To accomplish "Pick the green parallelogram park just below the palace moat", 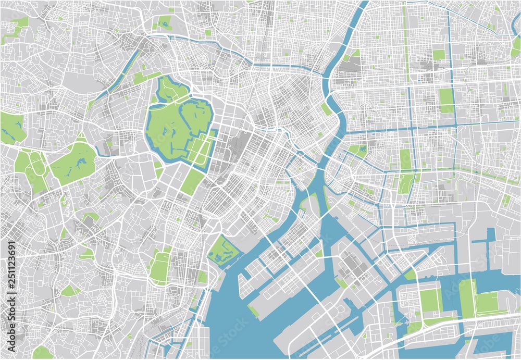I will coord(192,182).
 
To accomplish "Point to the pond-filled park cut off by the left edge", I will coord(11,128).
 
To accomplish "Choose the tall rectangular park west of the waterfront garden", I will coord(161,266).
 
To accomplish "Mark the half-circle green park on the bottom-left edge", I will coord(43,353).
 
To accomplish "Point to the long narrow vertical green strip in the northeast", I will coord(406,42).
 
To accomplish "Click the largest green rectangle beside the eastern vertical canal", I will coord(446,100).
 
